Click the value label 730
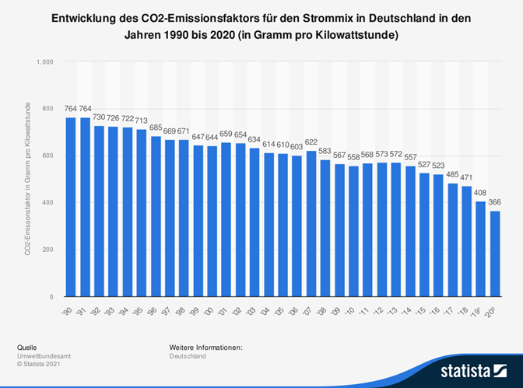click(x=100, y=117)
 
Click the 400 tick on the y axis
click(x=47, y=203)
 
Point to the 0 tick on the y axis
click(x=51, y=297)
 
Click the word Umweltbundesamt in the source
click(x=38, y=355)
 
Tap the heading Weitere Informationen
click(x=205, y=346)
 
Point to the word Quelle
click(x=26, y=346)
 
